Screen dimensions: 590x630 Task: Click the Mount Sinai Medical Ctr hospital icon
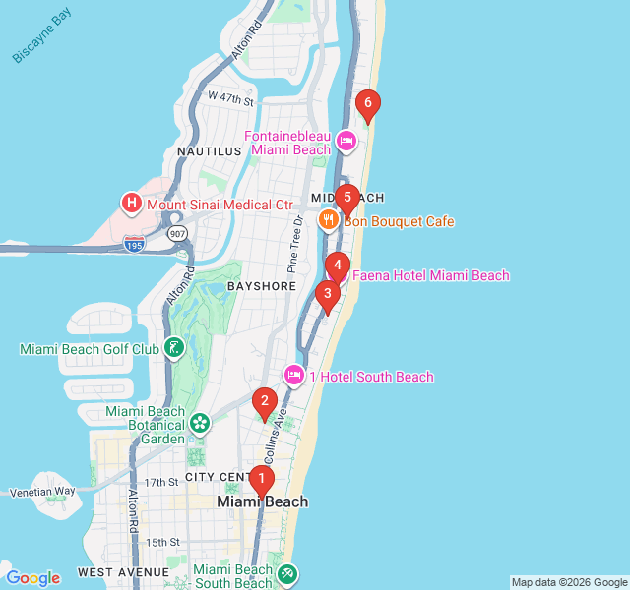click(131, 204)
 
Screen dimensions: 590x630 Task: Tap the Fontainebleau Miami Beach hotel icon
click(346, 142)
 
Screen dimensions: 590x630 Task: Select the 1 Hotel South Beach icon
click(294, 376)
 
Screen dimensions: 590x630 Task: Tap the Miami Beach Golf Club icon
click(173, 348)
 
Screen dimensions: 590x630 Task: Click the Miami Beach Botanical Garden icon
click(201, 424)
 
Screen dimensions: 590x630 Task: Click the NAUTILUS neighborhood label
click(209, 151)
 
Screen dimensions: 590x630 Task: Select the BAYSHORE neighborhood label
click(262, 286)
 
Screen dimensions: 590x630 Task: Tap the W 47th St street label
click(230, 99)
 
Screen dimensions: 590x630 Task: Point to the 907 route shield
click(177, 234)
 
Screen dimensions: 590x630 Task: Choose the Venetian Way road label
click(42, 491)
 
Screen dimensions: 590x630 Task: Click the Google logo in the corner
click(32, 578)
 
